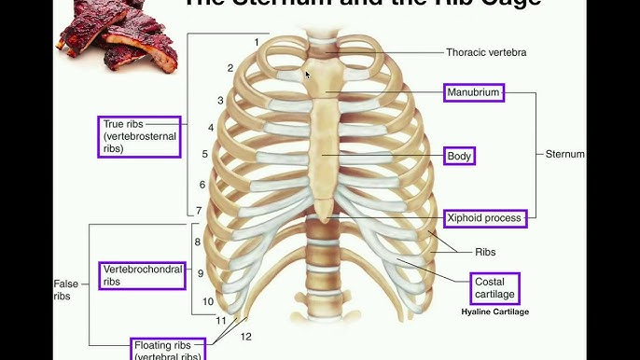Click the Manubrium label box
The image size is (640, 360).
tap(473, 93)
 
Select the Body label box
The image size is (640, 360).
tap(459, 156)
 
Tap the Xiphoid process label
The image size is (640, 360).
tap(485, 218)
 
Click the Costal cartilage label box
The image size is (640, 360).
tap(492, 288)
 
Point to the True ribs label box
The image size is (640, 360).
tap(139, 136)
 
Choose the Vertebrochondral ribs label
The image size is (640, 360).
tap(139, 274)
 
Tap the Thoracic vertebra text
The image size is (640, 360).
tap(486, 53)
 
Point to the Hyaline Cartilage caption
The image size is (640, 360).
tap(494, 312)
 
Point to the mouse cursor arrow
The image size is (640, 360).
tap(308, 74)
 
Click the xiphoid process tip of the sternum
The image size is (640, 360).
tap(323, 216)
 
